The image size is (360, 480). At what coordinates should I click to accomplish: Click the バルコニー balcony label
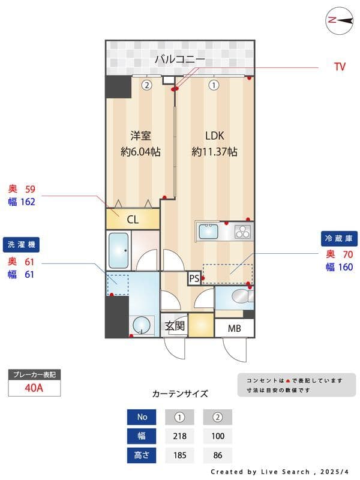point(180,59)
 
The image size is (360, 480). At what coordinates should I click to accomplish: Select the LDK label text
point(214,136)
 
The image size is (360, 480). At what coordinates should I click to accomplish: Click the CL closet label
point(133,220)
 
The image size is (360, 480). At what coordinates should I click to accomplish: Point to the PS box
point(194,278)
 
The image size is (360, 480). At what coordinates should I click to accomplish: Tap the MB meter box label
point(235,328)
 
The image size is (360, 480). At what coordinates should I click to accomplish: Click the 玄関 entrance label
point(175,326)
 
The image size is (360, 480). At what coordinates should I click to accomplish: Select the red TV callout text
point(340,67)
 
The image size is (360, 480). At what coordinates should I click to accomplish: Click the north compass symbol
point(339,20)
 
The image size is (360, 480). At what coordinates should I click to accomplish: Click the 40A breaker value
point(34,388)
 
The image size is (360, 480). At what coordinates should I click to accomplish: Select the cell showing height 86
point(217,455)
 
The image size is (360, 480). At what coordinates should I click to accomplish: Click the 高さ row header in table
point(142,455)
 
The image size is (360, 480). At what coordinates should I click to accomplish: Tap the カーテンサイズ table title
point(180,394)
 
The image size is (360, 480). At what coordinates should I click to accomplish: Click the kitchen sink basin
point(209,231)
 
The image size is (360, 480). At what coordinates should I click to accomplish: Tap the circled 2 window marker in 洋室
point(146,85)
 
